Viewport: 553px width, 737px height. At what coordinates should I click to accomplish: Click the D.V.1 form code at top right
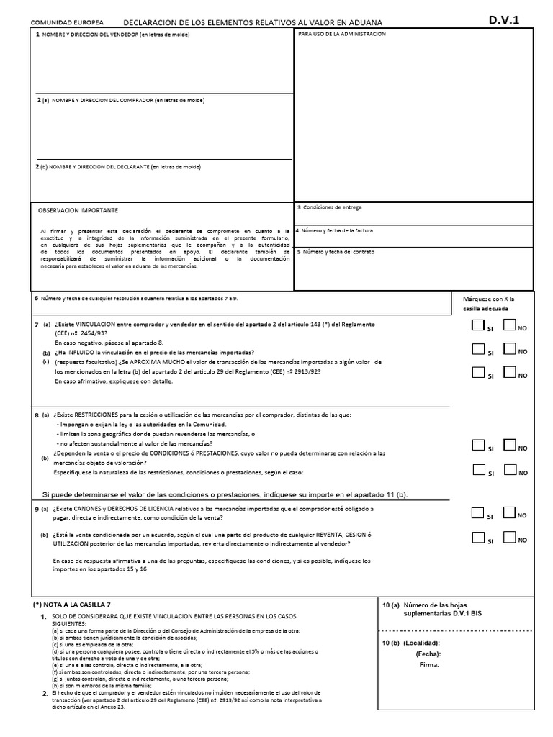tap(508, 20)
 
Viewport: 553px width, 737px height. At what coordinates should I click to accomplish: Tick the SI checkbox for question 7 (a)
tap(477, 325)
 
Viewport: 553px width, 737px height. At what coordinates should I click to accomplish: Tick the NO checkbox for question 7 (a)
tap(510, 325)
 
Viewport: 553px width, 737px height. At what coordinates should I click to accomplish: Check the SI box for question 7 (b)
tap(477, 349)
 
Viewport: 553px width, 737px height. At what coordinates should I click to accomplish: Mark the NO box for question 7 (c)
tap(510, 372)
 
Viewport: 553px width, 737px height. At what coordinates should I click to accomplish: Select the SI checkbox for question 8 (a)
tap(477, 445)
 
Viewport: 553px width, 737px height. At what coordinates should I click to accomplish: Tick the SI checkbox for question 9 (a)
tap(477, 513)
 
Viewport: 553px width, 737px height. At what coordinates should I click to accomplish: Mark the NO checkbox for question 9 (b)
tap(510, 537)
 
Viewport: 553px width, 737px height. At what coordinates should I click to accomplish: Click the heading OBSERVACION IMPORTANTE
tap(78, 210)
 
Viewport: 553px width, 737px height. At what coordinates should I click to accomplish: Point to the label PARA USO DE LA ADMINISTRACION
tap(342, 34)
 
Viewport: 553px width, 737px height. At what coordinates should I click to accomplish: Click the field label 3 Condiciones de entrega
tap(329, 207)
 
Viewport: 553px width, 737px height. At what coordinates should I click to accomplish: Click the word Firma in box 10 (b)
tap(429, 665)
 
